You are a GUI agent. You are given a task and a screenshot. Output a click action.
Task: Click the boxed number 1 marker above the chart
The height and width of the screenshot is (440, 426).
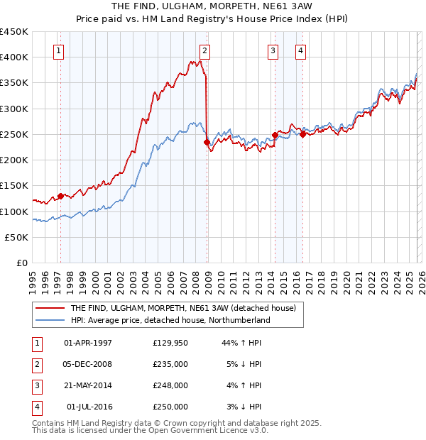point(58,50)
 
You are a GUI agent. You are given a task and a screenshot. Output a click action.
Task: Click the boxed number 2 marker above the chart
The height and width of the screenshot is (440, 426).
point(204,50)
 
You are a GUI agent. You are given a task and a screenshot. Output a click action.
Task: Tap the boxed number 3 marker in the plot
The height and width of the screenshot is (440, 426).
point(273,50)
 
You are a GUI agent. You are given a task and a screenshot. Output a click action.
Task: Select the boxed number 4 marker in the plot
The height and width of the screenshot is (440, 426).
point(301,50)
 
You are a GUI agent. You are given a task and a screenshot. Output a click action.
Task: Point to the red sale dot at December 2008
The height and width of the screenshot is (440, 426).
point(207,142)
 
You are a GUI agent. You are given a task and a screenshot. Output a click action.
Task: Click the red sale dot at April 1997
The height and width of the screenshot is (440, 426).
point(60,196)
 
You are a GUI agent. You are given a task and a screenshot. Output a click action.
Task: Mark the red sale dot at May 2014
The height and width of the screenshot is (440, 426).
point(275,135)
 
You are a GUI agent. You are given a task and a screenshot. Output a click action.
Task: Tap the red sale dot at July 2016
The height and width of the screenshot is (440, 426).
point(302,134)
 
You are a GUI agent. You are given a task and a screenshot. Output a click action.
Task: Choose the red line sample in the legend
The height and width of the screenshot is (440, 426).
point(50,308)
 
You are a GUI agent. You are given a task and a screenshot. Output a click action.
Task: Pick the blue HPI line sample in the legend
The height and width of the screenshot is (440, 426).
point(50,320)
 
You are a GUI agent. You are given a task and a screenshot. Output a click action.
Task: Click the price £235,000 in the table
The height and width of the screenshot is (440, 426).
point(170,364)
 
